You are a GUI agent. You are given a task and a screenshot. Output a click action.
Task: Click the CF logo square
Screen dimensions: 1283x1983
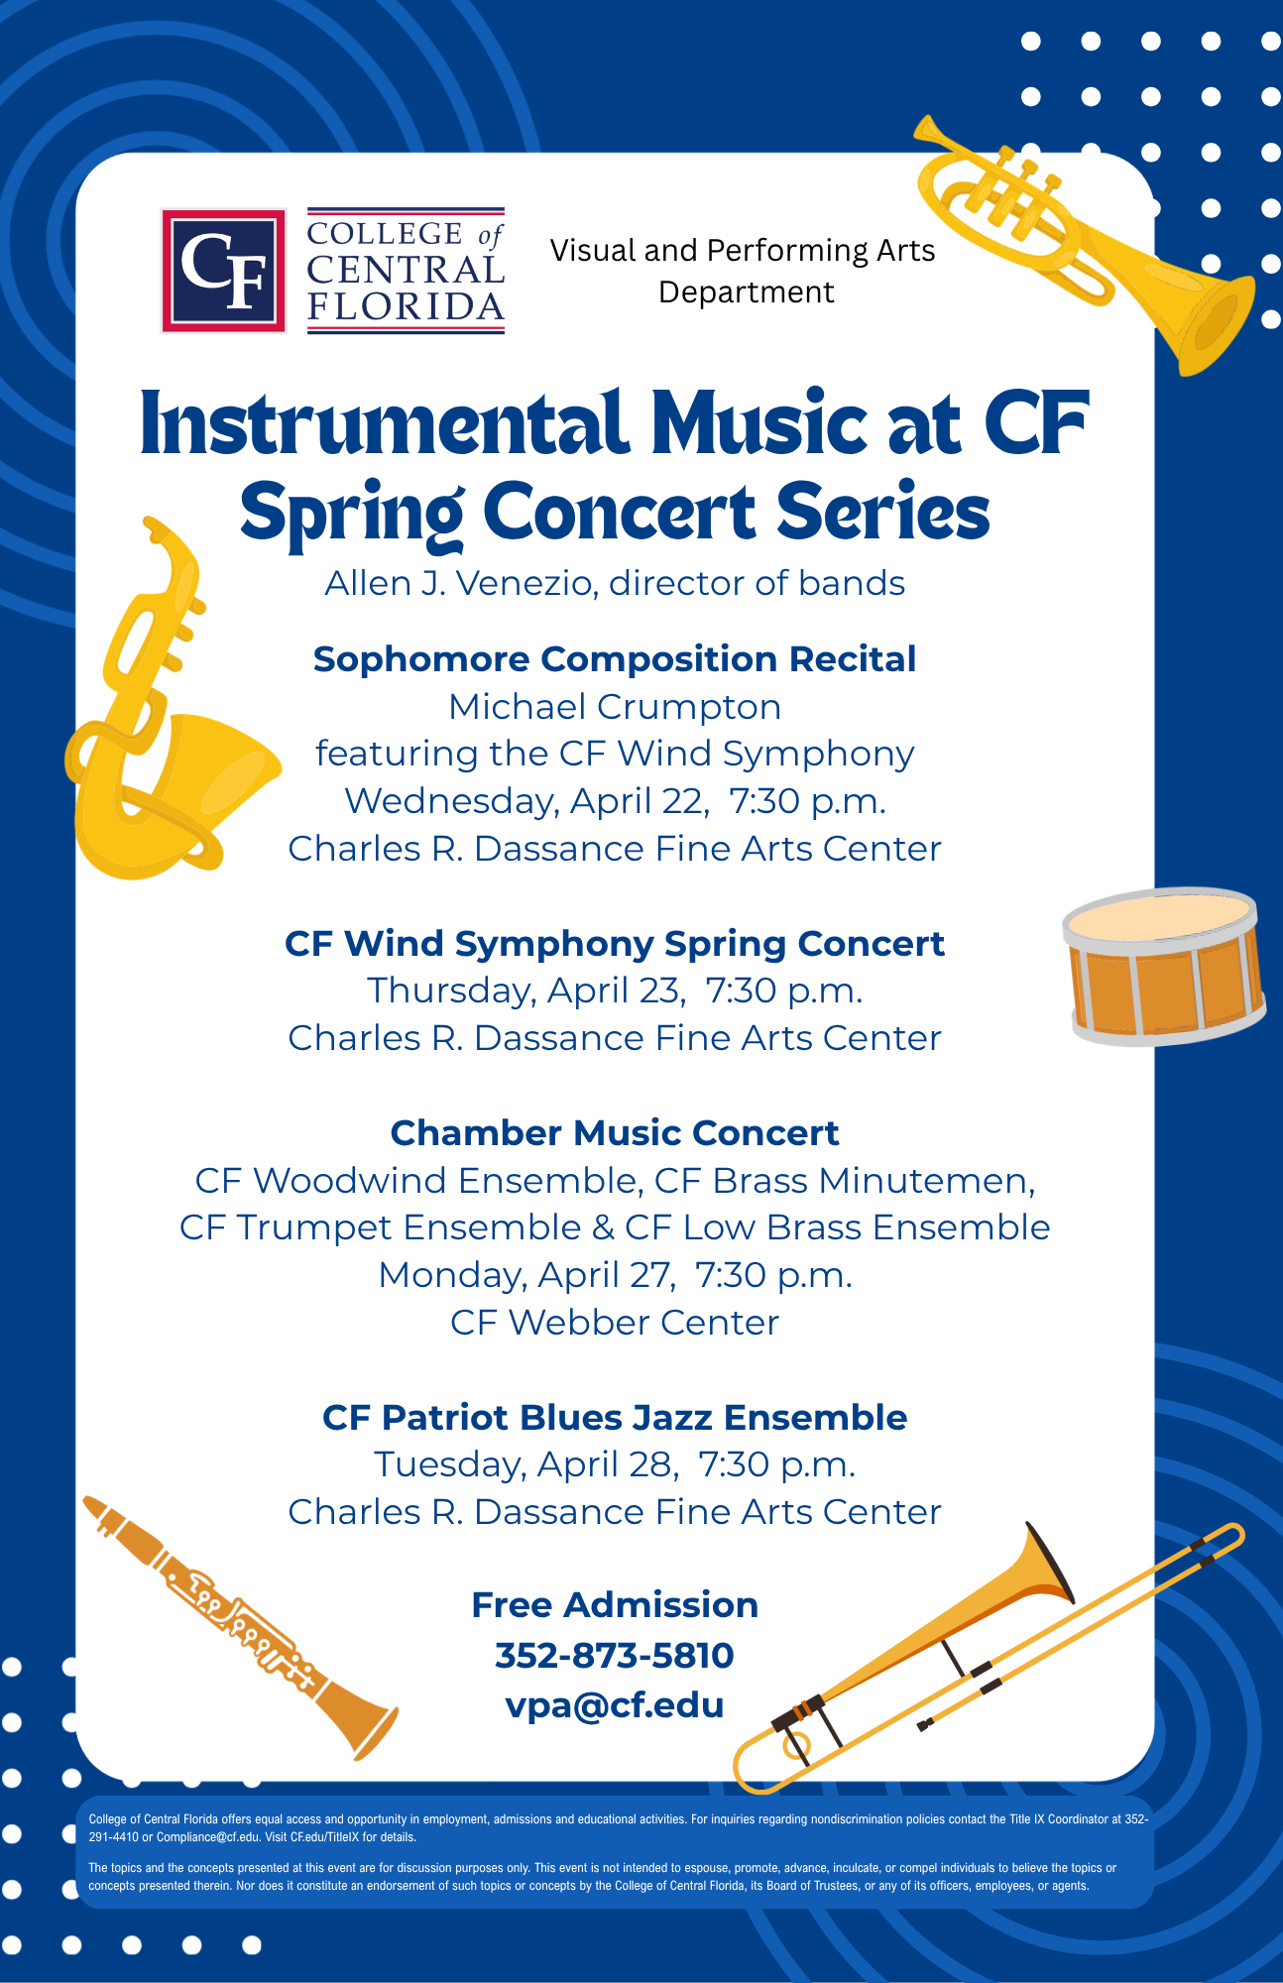(x=224, y=271)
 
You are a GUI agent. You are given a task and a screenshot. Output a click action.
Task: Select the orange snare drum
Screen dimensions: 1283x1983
(x=1164, y=966)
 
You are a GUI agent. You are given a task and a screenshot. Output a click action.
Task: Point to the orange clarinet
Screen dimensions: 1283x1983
(x=239, y=1626)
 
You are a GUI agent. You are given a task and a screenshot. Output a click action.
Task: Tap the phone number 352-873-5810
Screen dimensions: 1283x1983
(x=615, y=1655)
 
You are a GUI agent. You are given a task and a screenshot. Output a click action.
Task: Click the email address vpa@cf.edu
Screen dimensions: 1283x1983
(x=615, y=1705)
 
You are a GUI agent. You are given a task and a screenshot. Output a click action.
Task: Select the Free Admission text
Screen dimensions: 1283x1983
(x=615, y=1604)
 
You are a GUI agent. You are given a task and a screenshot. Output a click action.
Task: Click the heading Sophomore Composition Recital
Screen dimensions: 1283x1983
(x=615, y=659)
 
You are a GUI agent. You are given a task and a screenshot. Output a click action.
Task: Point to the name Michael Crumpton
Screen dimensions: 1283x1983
(x=615, y=707)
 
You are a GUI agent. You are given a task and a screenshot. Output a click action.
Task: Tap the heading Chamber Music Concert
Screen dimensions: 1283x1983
(x=615, y=1132)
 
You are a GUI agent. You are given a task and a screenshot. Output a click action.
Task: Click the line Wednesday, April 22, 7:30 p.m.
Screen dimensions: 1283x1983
(x=615, y=801)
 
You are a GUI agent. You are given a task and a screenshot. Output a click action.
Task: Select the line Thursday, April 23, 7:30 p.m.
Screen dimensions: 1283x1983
(x=615, y=991)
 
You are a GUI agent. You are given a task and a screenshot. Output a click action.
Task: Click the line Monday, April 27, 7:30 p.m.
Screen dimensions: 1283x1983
(x=615, y=1275)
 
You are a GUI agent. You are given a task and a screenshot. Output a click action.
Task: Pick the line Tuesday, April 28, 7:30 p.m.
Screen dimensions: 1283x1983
(x=615, y=1464)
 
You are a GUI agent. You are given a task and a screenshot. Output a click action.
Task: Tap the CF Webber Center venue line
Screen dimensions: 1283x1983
(x=615, y=1323)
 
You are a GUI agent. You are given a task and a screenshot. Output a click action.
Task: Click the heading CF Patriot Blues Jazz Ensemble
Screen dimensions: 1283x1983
(x=615, y=1418)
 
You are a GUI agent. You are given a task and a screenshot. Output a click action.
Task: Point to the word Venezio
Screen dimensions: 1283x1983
(x=526, y=583)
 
